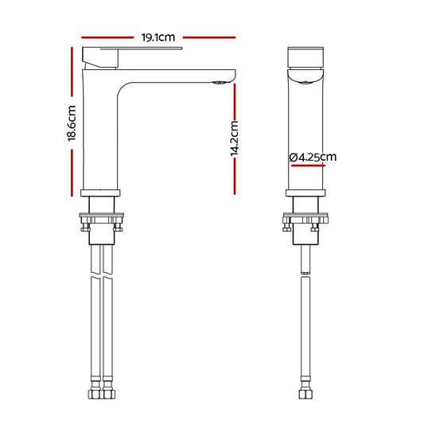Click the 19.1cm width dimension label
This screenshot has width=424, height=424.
tap(158, 37)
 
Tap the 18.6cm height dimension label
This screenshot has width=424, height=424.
tap(72, 123)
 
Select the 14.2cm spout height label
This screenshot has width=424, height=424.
tap(234, 138)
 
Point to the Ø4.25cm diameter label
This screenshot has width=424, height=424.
tap(313, 157)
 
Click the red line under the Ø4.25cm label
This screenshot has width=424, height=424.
tap(308, 165)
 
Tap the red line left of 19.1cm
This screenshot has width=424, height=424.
tap(107, 37)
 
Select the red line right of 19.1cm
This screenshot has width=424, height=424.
tap(209, 37)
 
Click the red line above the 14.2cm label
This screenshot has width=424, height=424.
tap(235, 101)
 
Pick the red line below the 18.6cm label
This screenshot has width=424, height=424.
tap(72, 173)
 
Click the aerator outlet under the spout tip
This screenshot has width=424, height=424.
tap(219, 83)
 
